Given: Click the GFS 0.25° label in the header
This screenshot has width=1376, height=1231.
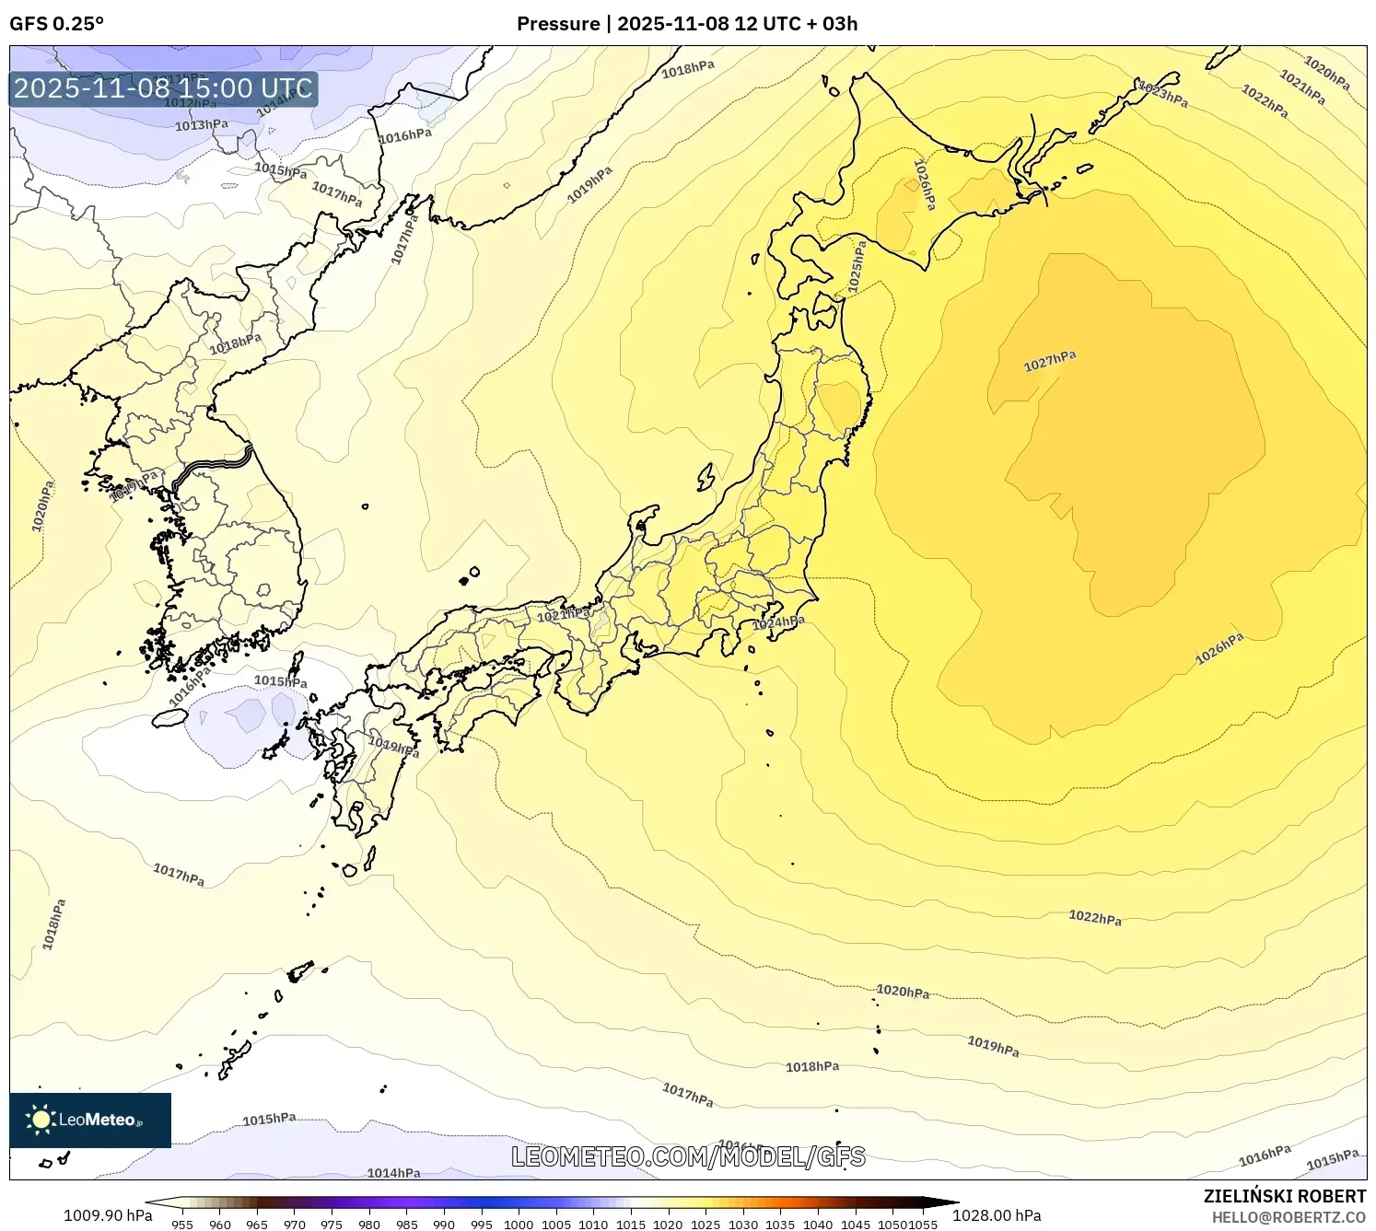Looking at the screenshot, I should pos(56,23).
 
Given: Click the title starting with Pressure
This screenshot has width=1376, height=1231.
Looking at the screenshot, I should pos(687,23).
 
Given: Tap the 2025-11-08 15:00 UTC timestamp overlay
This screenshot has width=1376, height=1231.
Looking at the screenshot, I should pos(163,88).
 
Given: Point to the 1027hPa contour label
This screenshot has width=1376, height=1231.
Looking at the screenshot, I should pos(1050,361).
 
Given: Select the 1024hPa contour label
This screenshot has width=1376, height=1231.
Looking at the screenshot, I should pos(778,623).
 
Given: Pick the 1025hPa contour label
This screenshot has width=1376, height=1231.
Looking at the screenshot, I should pos(857,267).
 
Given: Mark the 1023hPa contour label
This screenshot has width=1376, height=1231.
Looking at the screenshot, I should pos(1163,94).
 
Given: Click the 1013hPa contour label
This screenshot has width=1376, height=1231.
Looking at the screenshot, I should pos(202,124).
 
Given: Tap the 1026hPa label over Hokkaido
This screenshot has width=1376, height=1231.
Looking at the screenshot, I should pos(924,184).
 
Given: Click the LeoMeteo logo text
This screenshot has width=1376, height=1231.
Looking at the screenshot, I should pos(98,1120).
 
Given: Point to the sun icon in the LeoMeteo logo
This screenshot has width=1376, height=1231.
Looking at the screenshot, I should pos(41,1120).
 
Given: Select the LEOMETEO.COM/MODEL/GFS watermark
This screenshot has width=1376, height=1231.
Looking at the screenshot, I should pos(688,1156).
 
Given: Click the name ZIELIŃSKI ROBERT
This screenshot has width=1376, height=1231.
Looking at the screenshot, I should pos(1285,1196).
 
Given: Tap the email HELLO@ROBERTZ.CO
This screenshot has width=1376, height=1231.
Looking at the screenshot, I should pos(1289,1217).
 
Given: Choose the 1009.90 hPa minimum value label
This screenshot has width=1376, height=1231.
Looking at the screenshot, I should pos(108,1215).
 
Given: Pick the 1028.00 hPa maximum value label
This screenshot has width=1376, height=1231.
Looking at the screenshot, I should pos(997,1215).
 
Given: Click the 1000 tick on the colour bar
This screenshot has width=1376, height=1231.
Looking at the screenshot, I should pos(519,1224).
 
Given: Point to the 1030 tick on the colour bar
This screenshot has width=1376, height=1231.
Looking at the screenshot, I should pos(743,1224).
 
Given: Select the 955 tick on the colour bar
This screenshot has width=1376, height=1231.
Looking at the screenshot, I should pos(182,1224).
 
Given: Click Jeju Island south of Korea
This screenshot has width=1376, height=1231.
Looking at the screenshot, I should pos(169,717).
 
